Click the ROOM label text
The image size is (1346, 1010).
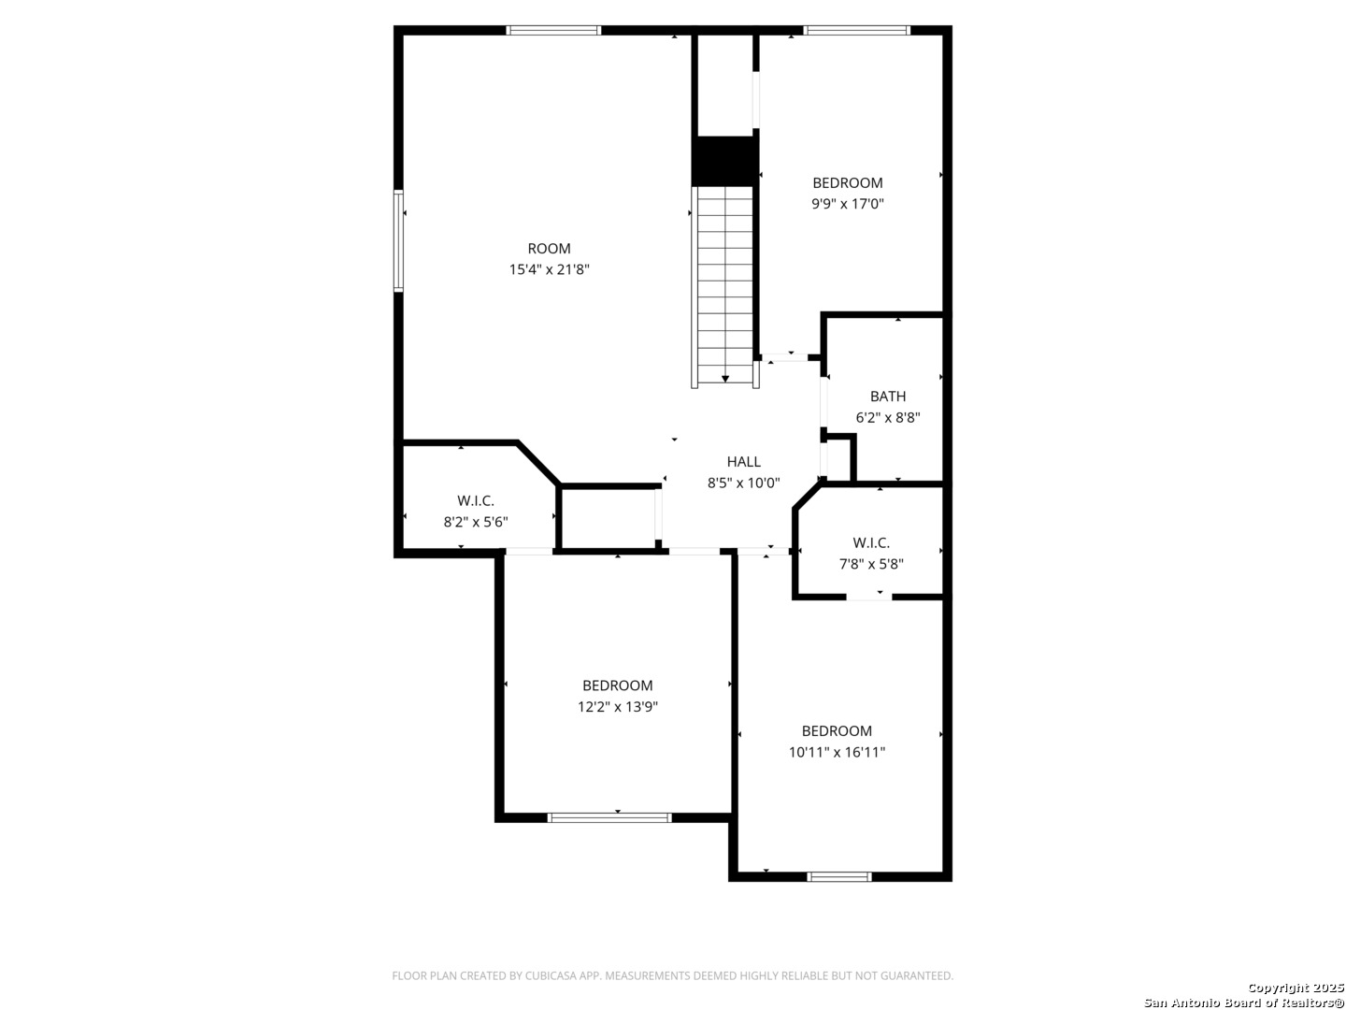[549, 249]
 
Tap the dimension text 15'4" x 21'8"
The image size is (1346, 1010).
[549, 269]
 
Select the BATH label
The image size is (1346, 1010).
[887, 397]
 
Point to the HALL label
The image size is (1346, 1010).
[743, 462]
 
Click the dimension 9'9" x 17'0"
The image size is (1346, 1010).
[848, 204]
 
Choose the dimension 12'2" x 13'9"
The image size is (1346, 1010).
[617, 707]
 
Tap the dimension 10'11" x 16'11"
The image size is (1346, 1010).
[837, 753]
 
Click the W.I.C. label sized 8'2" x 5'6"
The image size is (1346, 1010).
[475, 501]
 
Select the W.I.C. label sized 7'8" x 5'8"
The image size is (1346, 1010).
[871, 542]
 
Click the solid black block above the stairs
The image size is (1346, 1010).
[724, 161]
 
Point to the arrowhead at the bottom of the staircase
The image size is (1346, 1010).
[724, 379]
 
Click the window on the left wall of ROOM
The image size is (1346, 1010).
[398, 239]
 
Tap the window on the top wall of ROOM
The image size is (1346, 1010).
[553, 30]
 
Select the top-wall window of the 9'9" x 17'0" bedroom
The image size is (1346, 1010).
[856, 30]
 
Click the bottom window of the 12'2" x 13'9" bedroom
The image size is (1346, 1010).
[609, 817]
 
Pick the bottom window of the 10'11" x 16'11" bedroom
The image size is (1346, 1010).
[838, 877]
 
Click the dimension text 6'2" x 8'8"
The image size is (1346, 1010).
[887, 418]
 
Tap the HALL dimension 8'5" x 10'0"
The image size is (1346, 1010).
[743, 483]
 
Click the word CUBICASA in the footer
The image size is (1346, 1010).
[550, 975]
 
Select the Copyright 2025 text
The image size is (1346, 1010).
[1295, 988]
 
